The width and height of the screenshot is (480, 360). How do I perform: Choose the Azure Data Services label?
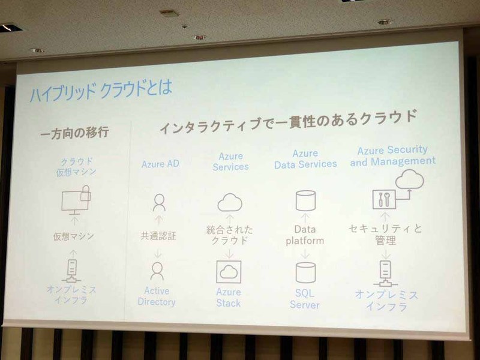point(305,159)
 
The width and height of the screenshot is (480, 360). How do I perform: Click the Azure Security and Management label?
point(396,155)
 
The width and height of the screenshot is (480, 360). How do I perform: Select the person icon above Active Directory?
point(157,271)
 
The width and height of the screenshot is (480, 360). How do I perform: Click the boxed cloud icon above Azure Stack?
point(229,272)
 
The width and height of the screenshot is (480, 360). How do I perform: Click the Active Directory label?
point(157,297)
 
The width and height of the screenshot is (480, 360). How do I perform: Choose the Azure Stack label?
point(229,297)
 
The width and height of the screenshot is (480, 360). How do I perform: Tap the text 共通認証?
point(158,235)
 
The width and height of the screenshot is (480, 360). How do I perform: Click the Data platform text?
point(305,235)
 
